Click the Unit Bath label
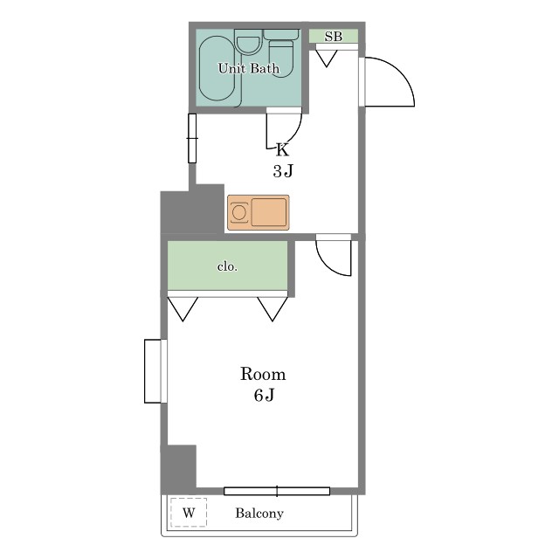[x=248, y=68]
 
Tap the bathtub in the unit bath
[x=217, y=68]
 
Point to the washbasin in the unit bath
[x=249, y=42]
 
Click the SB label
[x=334, y=37]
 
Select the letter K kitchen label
[x=282, y=149]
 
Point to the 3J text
[x=283, y=171]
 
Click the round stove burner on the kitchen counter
[x=238, y=213]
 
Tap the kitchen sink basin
[x=269, y=212]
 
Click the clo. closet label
[x=227, y=266]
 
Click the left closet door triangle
[x=183, y=309]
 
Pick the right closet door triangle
[x=273, y=309]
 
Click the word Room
[x=263, y=374]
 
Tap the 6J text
[x=264, y=395]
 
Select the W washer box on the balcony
[x=189, y=513]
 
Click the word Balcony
[x=259, y=513]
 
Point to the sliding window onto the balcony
[x=277, y=491]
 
